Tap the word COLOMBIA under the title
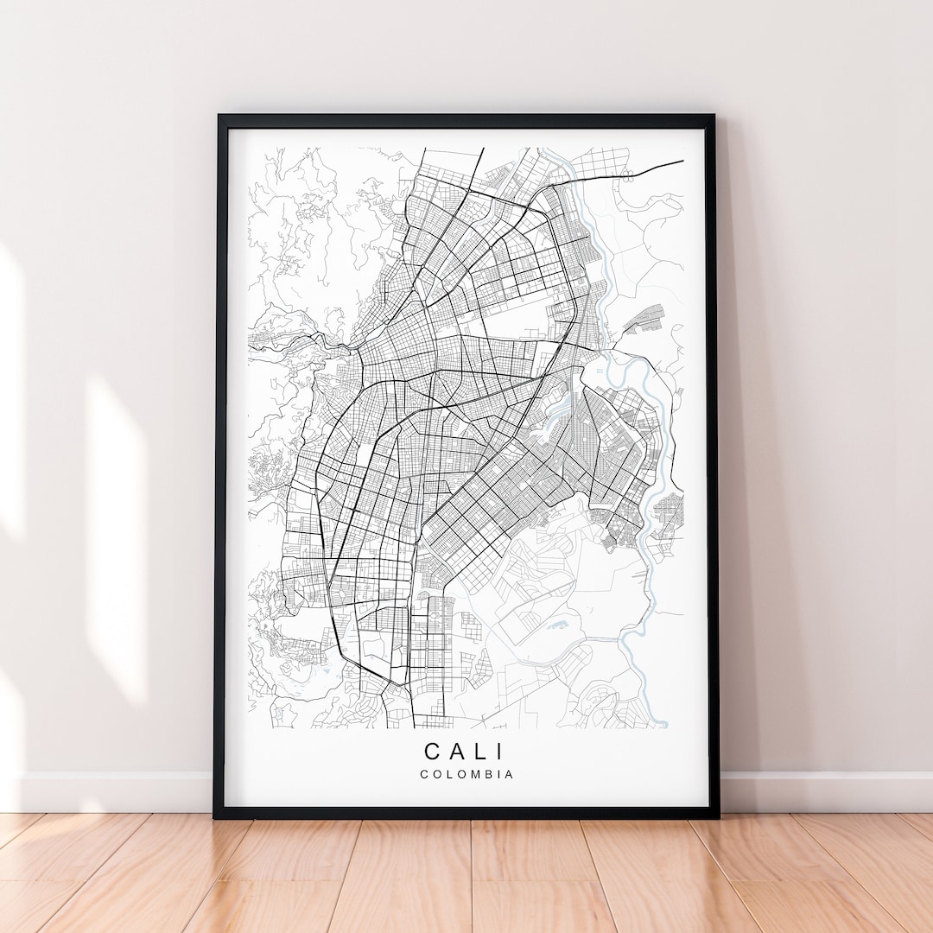(466, 774)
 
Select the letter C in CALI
(431, 752)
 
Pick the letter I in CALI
(502, 752)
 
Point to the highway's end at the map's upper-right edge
(682, 161)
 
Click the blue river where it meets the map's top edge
(543, 149)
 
